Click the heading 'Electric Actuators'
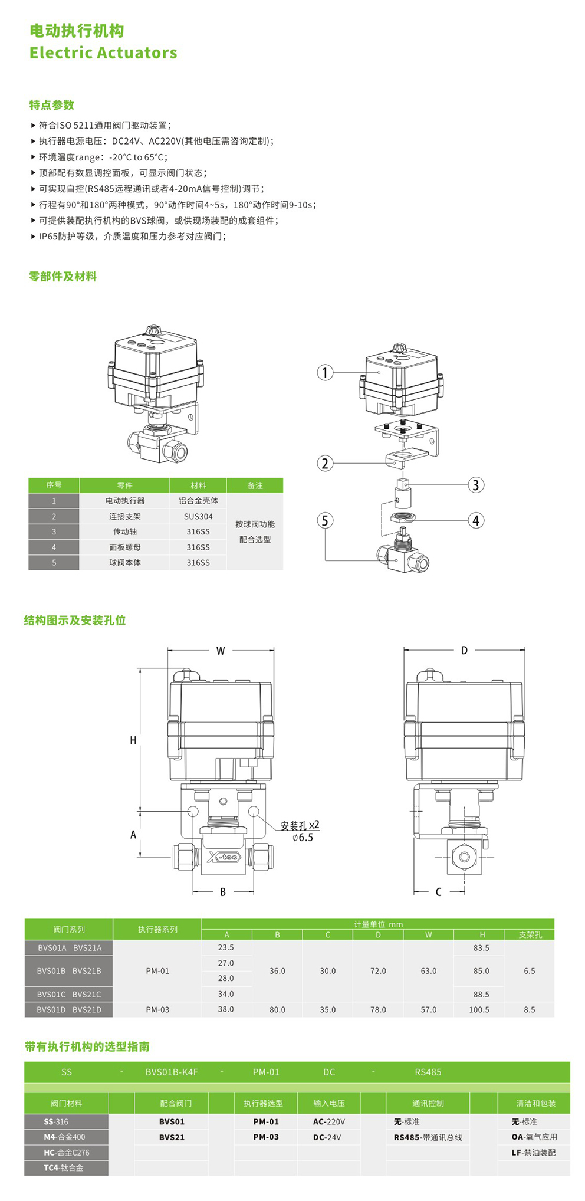(x=103, y=52)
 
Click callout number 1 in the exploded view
(x=325, y=372)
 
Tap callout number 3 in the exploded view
(x=476, y=485)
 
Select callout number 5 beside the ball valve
(x=325, y=520)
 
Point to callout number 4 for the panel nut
(x=476, y=520)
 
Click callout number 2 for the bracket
(x=325, y=463)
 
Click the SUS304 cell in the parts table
(x=198, y=516)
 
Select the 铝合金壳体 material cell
(x=198, y=500)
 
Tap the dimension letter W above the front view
(x=221, y=651)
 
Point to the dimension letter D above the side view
(x=464, y=650)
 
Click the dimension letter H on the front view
(x=133, y=740)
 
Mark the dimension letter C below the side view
(x=438, y=891)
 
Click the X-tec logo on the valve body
(x=224, y=857)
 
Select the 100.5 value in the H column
(x=479, y=1009)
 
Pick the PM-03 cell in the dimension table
(x=157, y=1009)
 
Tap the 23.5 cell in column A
(x=226, y=947)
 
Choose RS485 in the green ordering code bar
(x=428, y=1072)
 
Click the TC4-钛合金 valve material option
(x=64, y=1167)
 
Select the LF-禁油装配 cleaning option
(x=533, y=1152)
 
